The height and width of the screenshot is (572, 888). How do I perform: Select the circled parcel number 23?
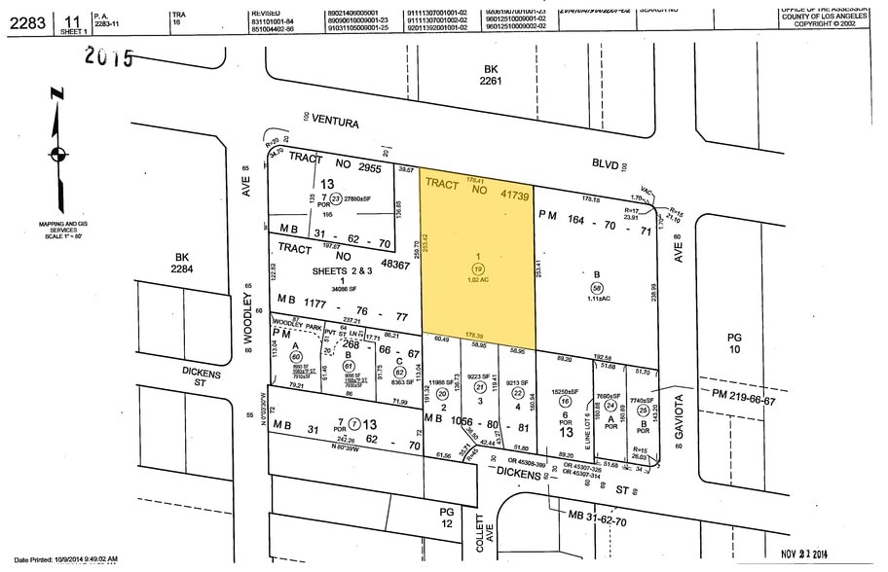click(x=309, y=197)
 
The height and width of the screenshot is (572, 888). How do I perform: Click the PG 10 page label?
click(x=734, y=341)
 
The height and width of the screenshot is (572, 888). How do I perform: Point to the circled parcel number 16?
click(x=565, y=401)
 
